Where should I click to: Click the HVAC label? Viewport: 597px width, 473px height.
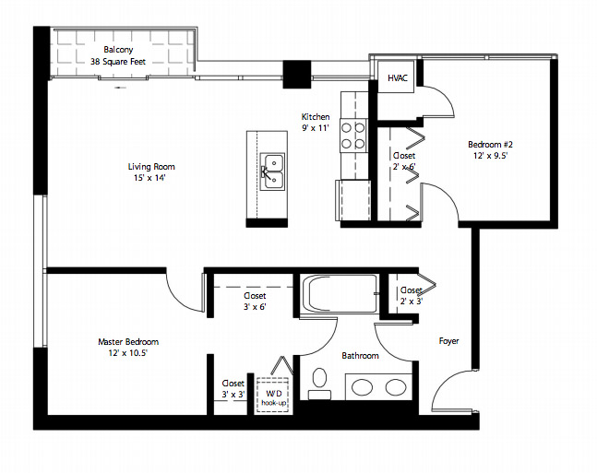click(x=398, y=78)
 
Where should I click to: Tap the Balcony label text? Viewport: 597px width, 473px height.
click(x=118, y=50)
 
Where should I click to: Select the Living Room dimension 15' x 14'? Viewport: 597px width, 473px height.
click(x=149, y=178)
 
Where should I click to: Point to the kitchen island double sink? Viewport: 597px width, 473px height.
click(x=272, y=171)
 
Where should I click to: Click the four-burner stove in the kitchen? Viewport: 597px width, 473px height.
click(x=353, y=136)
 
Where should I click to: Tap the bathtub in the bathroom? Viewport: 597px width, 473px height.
click(x=339, y=294)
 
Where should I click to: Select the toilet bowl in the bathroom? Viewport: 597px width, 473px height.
click(x=320, y=378)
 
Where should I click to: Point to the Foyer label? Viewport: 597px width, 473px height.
click(x=448, y=341)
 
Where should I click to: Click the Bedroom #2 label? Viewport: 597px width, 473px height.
click(x=490, y=145)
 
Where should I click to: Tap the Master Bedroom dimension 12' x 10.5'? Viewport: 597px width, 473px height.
click(x=127, y=353)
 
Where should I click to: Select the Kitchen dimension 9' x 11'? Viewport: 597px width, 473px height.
click(x=316, y=128)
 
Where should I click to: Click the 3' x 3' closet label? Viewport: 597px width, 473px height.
click(x=233, y=395)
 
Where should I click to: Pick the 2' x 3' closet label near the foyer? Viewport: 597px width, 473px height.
click(x=412, y=302)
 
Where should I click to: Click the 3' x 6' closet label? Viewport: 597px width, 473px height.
click(x=255, y=307)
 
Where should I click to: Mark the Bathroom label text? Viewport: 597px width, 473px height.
click(x=360, y=356)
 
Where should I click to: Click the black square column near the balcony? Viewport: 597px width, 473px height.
click(x=296, y=74)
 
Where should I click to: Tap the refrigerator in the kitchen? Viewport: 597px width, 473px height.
click(x=353, y=200)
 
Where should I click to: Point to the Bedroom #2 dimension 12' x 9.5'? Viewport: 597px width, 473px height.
click(x=490, y=156)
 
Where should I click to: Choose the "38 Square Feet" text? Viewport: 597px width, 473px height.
click(x=118, y=62)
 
